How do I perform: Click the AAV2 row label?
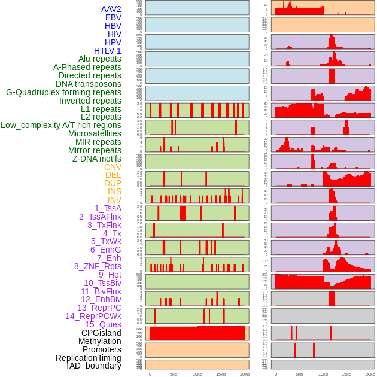coord(111,10)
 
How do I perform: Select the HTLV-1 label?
coord(107,51)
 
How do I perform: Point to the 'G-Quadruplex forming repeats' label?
coord(63,93)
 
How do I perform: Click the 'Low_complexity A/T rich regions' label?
coord(61,126)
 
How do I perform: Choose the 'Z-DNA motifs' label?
coord(96,159)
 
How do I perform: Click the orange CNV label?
coord(113,167)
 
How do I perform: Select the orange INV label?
coord(114,200)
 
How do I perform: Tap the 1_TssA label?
coord(108,208)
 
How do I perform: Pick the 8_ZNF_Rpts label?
coord(98,266)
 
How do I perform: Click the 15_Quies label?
coord(103,324)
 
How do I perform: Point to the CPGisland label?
coord(101,333)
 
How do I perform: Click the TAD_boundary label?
coord(93,366)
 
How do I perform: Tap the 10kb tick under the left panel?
coord(197,374)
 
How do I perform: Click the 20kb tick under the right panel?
coord(370,374)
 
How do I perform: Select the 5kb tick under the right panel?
coord(299,374)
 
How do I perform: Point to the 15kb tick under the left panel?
coord(221,374)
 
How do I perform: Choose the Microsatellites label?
coord(95,133)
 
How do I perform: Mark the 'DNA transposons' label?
coord(89,84)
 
